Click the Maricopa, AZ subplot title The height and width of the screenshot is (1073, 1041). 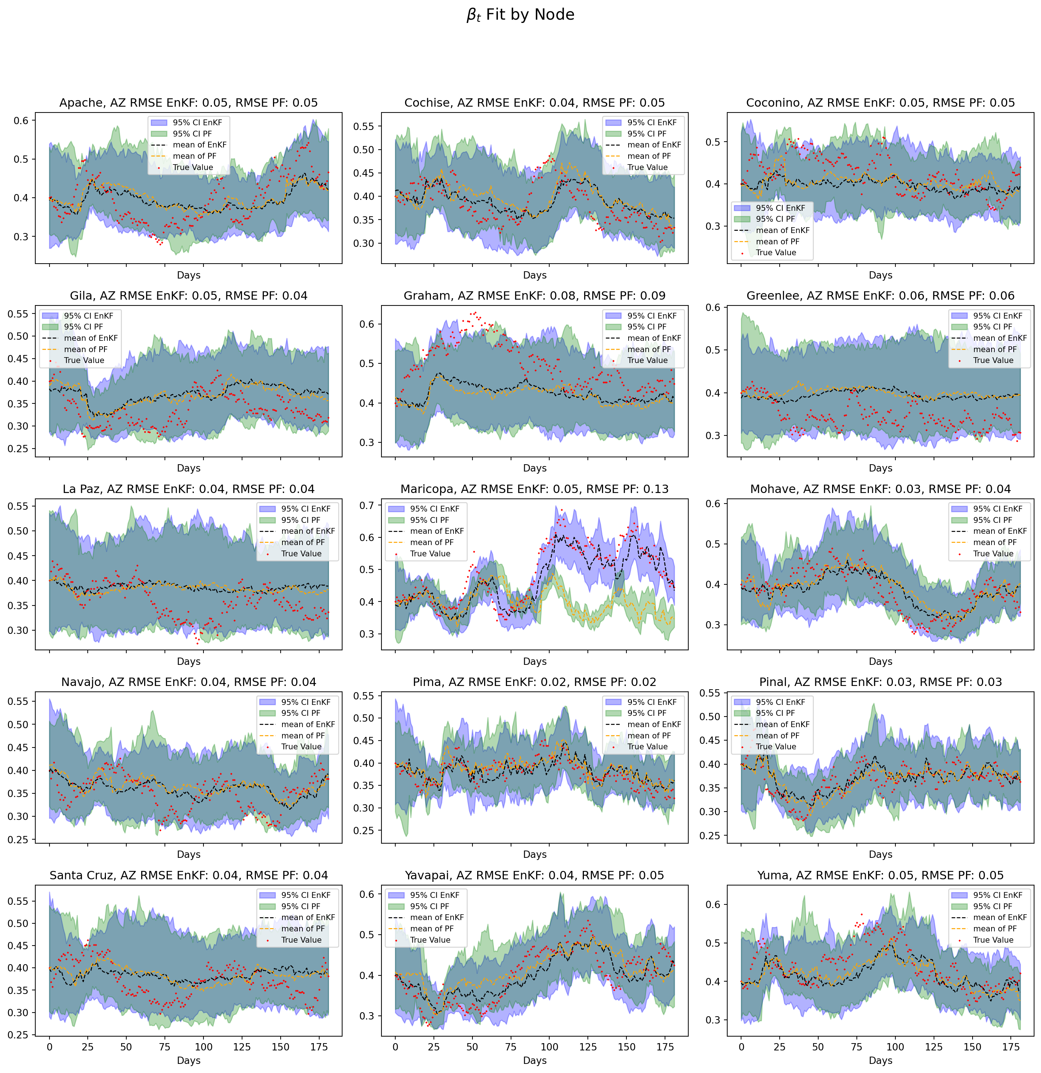click(534, 489)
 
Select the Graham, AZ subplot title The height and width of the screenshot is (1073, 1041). click(534, 296)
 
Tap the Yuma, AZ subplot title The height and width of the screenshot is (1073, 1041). click(880, 875)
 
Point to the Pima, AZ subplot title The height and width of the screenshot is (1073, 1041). click(534, 682)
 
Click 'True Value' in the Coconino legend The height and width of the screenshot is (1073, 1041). click(776, 252)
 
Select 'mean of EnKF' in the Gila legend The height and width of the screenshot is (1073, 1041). click(90, 338)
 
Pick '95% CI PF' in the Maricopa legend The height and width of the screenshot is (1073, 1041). click(429, 520)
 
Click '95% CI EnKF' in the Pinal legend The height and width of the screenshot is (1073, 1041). click(780, 702)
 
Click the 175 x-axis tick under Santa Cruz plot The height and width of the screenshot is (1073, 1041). click(319, 1047)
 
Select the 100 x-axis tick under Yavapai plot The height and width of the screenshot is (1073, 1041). click(550, 1047)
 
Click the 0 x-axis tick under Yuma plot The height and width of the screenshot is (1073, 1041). click(741, 1047)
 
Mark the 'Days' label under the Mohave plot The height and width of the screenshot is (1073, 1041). click(880, 661)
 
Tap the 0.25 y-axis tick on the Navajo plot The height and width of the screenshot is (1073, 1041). click(18, 839)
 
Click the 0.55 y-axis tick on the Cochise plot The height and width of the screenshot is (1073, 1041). click(363, 126)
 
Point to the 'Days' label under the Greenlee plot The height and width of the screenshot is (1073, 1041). click(880, 468)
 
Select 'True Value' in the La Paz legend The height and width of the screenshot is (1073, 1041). click(301, 553)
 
